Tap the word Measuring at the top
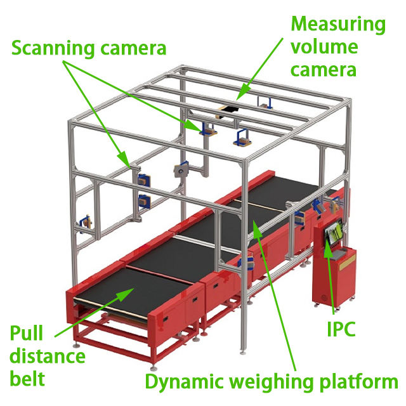(338, 25)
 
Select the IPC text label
(341, 329)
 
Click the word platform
(358, 383)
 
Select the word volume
(324, 46)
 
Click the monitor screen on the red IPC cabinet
(334, 231)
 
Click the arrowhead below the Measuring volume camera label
(242, 94)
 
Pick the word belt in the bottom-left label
(27, 378)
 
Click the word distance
(48, 356)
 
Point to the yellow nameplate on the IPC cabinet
(348, 263)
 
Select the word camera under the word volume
(324, 70)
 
